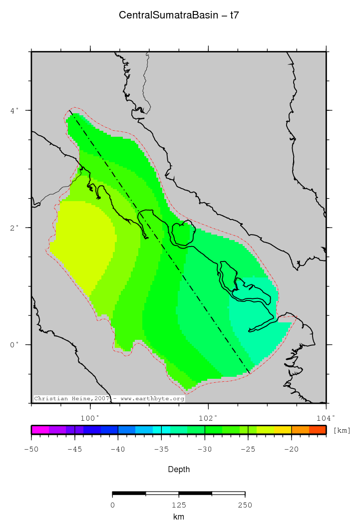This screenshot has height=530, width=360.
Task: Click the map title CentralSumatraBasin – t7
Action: tap(179, 15)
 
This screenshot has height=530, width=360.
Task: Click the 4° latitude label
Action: tap(15, 110)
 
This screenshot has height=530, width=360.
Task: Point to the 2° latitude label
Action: tap(15, 228)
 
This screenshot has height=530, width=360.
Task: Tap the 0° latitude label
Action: tap(15, 345)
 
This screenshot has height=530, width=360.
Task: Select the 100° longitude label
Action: tap(90, 418)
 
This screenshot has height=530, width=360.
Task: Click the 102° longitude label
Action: tap(208, 418)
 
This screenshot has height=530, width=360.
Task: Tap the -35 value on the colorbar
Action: tap(161, 450)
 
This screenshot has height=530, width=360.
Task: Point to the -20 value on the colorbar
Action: tap(291, 450)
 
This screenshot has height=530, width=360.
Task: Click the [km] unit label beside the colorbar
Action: tap(342, 430)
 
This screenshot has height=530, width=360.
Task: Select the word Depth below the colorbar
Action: tap(179, 470)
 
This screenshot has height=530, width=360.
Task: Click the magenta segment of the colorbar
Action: tap(40, 430)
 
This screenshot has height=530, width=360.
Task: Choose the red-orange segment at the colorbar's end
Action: tap(318, 430)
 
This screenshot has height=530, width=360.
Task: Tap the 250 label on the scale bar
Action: tap(245, 506)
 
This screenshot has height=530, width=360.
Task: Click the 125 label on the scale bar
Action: tap(179, 506)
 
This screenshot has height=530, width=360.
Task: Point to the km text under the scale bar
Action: tap(179, 517)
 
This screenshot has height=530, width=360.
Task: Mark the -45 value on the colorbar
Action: tap(75, 450)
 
